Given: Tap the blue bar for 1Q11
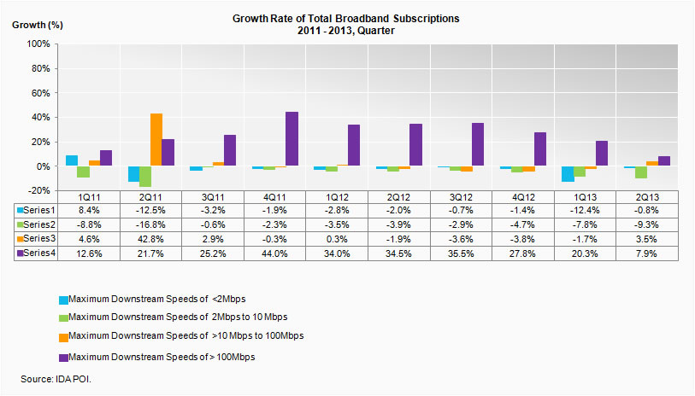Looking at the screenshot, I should [72, 160].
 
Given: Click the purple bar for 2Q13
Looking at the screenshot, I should [664, 161].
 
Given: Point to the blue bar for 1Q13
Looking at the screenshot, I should [568, 174].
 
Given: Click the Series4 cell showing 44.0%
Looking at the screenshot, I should [275, 253].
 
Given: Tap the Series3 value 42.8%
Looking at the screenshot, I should [151, 239].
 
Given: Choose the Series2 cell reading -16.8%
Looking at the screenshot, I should [151, 224].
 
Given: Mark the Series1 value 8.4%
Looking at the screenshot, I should [89, 210].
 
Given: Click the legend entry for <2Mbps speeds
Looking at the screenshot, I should [139, 299].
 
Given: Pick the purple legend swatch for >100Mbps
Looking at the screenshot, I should [62, 357].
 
